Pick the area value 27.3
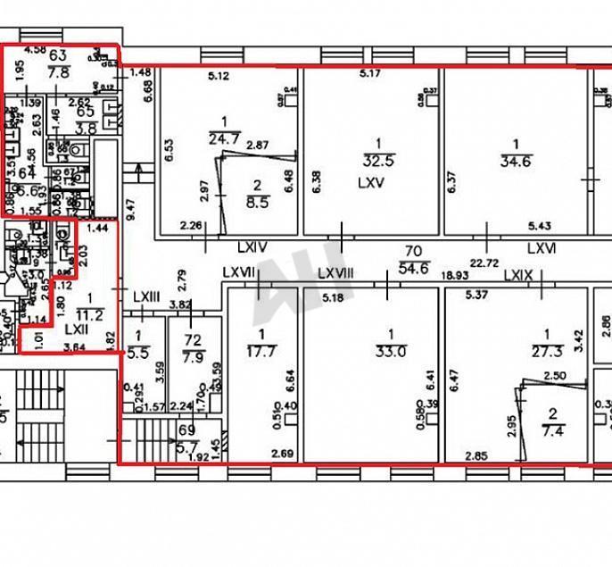[x=542, y=352]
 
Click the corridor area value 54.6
[x=413, y=268]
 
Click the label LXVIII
[x=336, y=274]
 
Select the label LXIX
[x=517, y=276]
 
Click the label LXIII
[x=145, y=296]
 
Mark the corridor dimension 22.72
[x=486, y=263]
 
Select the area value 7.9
[x=193, y=358]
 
